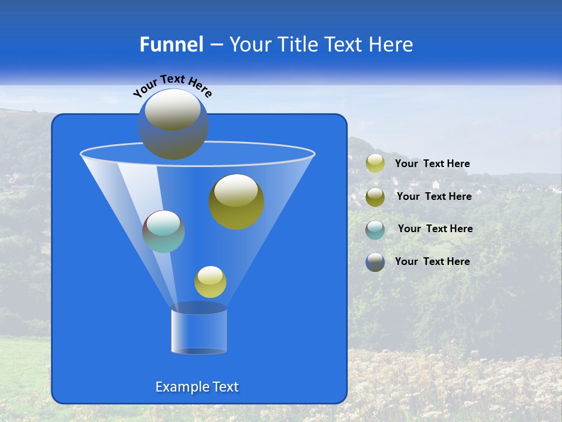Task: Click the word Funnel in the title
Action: tap(171, 45)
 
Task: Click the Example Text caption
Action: tap(197, 387)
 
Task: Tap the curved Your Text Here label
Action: tap(172, 85)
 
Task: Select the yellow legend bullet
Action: tap(375, 164)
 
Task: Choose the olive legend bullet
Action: tap(375, 196)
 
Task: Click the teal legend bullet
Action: tap(375, 229)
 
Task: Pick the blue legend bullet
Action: tap(375, 262)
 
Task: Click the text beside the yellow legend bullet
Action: tap(432, 164)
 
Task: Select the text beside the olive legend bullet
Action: tap(434, 197)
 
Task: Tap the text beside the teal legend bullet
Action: tap(435, 229)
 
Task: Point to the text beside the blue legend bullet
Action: tap(432, 262)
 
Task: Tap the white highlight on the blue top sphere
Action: tap(172, 110)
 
